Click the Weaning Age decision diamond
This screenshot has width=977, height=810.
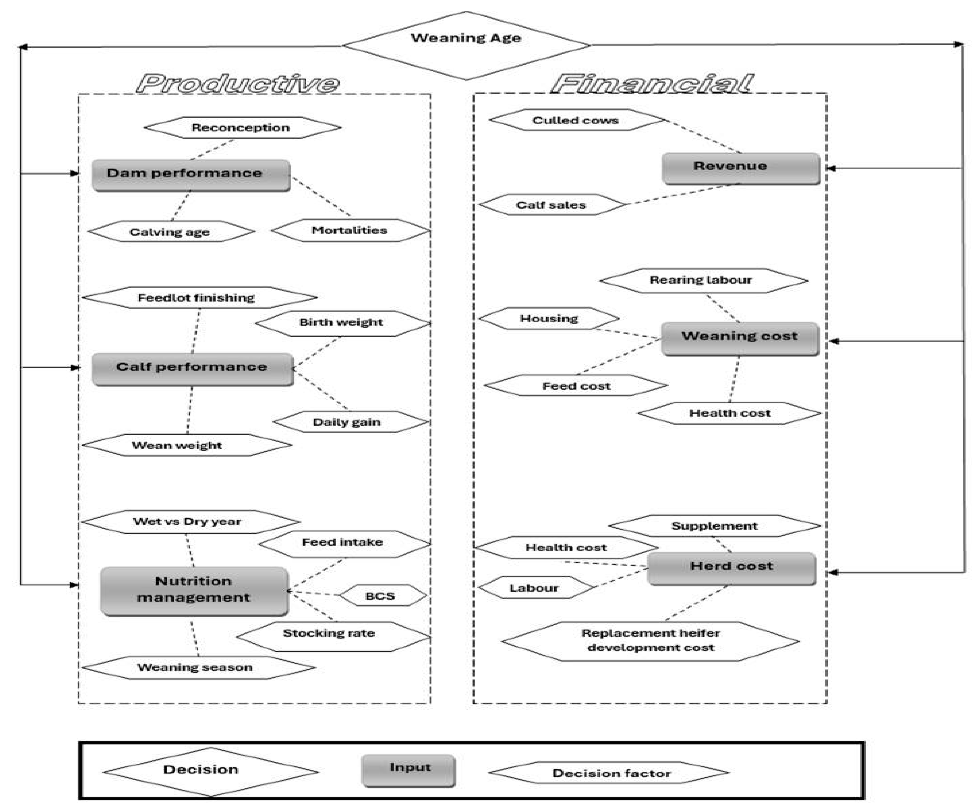(x=466, y=45)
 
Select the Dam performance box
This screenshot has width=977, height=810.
(x=191, y=175)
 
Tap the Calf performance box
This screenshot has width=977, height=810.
(x=192, y=369)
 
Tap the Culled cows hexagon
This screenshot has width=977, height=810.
(x=576, y=120)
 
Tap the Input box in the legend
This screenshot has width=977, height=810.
(x=409, y=770)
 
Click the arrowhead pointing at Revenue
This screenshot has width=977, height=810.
(x=831, y=168)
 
